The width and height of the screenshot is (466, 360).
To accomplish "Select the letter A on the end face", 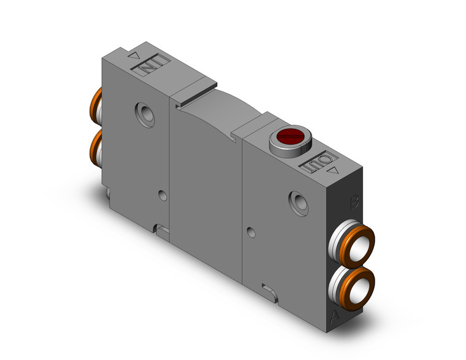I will coord(335,316).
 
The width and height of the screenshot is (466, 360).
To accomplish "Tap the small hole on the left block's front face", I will coord(162,196).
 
